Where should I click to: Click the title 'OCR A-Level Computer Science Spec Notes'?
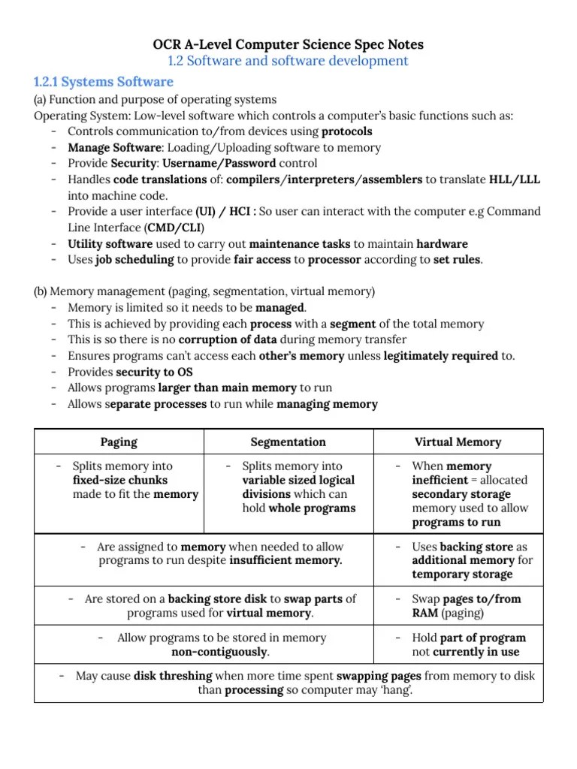click(x=288, y=44)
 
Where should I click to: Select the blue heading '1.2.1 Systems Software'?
click(x=104, y=82)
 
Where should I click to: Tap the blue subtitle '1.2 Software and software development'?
click(x=288, y=61)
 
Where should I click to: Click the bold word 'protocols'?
click(x=347, y=131)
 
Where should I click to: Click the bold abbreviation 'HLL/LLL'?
click(x=515, y=179)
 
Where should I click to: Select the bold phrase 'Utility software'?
click(x=110, y=244)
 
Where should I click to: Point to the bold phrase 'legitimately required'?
click(x=441, y=356)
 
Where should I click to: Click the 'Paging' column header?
click(x=119, y=442)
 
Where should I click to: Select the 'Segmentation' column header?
click(x=288, y=442)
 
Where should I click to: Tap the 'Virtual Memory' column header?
click(x=458, y=442)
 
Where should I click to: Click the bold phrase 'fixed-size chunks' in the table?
click(x=120, y=480)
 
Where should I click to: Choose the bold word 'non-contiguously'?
click(x=220, y=652)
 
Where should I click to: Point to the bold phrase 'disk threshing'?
click(x=173, y=676)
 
